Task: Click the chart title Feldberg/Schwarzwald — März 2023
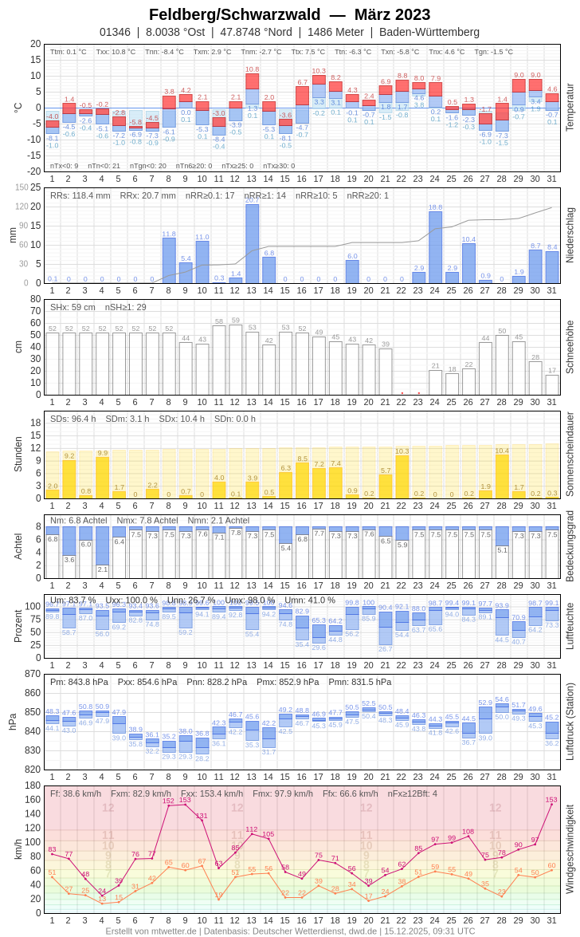(x=289, y=14)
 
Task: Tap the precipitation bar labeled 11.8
(x=169, y=260)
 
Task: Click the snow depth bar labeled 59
(x=235, y=359)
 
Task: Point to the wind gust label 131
(x=202, y=816)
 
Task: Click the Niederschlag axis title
(x=570, y=235)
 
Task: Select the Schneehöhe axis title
(x=570, y=347)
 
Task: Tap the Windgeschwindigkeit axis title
(x=570, y=848)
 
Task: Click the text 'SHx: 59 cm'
(x=72, y=307)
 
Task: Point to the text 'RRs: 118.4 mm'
(x=80, y=195)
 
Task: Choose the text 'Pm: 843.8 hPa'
(x=79, y=682)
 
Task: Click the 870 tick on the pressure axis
(x=32, y=674)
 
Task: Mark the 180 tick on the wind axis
(x=32, y=785)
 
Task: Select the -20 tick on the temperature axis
(x=34, y=171)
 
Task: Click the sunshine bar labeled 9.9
(x=102, y=478)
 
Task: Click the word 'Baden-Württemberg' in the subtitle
(x=429, y=32)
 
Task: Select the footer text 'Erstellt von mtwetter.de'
(x=151, y=931)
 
